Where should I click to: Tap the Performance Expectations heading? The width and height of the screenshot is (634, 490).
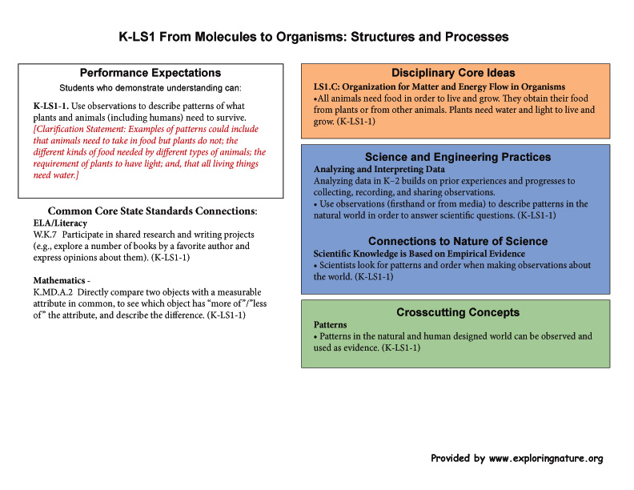[150, 73]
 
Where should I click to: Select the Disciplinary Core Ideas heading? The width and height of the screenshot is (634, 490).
[453, 73]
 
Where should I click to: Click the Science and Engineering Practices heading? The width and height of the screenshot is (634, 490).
[458, 157]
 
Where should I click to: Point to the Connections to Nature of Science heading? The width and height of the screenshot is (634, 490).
[458, 241]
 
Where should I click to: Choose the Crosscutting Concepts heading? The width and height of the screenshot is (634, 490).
[458, 312]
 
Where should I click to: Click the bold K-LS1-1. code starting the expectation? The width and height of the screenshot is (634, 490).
[51, 106]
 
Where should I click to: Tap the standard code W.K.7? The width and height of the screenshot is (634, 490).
[45, 235]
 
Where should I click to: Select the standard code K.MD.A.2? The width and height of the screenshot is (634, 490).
[53, 292]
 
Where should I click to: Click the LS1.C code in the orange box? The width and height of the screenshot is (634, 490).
[327, 87]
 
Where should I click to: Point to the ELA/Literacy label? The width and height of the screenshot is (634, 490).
[60, 223]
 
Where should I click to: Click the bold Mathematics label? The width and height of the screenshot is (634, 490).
[59, 280]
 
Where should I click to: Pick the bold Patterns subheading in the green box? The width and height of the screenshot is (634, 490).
[331, 324]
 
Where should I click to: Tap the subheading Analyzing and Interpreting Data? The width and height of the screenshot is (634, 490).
[379, 169]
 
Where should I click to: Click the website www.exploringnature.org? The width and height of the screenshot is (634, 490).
[546, 459]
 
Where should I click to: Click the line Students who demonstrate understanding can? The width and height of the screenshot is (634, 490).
[150, 88]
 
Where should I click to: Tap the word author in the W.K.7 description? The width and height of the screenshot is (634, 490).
[220, 247]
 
